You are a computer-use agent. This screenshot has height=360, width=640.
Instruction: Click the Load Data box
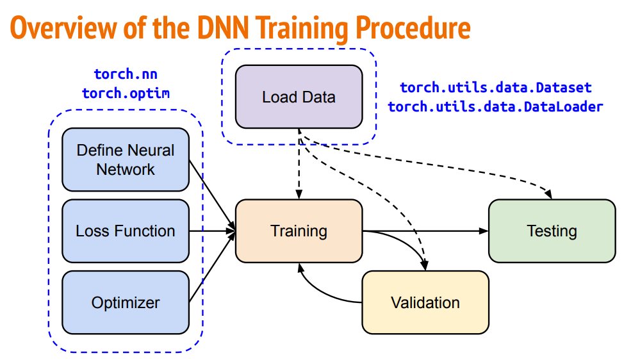point(299,97)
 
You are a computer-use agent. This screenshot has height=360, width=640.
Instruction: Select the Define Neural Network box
point(126,160)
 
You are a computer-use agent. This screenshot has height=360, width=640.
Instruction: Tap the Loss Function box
point(126,231)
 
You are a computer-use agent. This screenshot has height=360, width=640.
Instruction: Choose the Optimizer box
point(126,302)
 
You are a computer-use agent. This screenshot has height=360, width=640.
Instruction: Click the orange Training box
point(299,231)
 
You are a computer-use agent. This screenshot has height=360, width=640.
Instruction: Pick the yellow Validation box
point(425,302)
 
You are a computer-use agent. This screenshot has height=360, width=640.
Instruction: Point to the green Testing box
point(552,231)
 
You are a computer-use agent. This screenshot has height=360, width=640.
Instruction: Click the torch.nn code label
point(126,74)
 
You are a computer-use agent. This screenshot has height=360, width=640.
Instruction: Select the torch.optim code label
point(126,93)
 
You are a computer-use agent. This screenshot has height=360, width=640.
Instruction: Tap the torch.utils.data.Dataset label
point(496,87)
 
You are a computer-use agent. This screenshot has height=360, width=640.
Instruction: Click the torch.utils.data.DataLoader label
point(496,106)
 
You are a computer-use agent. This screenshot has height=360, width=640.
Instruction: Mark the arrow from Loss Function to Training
point(211,231)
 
